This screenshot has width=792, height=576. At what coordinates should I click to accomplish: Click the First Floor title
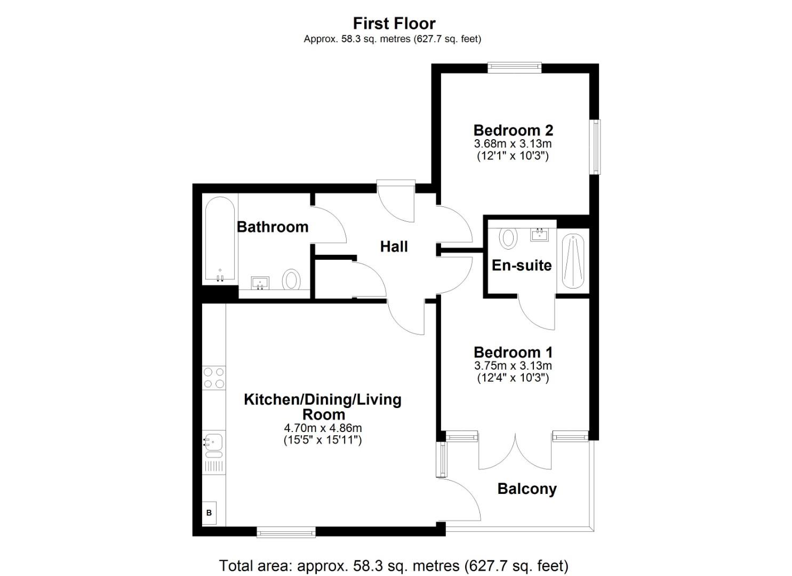(394, 23)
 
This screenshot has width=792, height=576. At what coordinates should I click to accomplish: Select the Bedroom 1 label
(513, 352)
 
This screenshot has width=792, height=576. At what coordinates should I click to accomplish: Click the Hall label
(394, 246)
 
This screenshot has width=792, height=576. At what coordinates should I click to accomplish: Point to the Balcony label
(527, 489)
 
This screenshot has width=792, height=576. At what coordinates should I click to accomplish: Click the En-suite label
(521, 265)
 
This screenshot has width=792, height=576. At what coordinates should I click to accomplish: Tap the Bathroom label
(273, 227)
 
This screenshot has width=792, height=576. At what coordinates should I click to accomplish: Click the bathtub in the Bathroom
(219, 239)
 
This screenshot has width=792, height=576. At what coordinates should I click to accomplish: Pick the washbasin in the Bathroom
(260, 283)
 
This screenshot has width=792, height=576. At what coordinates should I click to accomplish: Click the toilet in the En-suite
(509, 238)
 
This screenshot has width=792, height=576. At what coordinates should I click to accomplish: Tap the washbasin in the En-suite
(540, 234)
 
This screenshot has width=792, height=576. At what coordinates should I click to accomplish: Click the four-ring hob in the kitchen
(214, 378)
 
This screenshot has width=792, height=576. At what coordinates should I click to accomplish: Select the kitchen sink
(213, 443)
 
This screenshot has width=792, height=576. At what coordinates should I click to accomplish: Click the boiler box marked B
(209, 513)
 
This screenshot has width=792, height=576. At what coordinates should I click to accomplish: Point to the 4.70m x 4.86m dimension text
(323, 428)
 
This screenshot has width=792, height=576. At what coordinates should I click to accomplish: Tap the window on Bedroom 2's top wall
(514, 67)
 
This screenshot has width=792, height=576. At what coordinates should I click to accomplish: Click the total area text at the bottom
(394, 565)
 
